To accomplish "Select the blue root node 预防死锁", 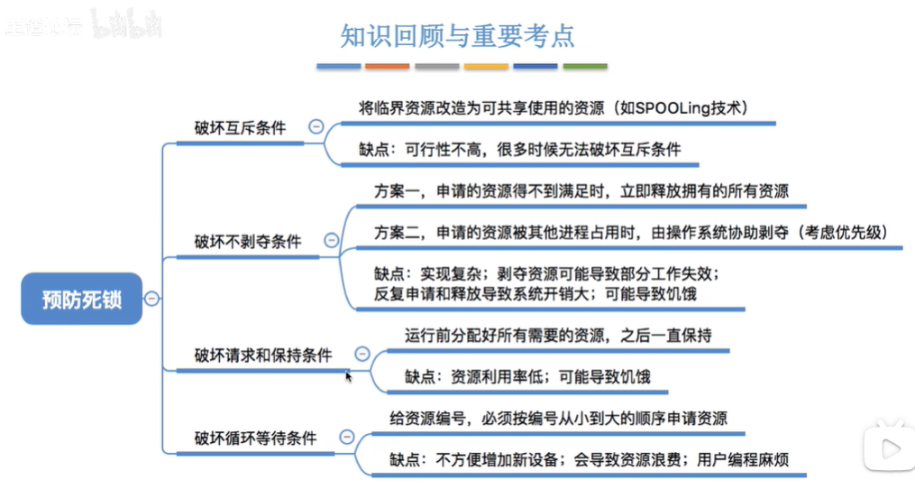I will coord(82,298).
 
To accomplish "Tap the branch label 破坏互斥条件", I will coord(240,127).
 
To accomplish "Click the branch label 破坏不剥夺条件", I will coord(248,241).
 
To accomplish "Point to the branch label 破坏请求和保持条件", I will coord(263,355).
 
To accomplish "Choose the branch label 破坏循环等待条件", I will coord(256,438).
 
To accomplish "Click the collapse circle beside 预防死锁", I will coord(152,299).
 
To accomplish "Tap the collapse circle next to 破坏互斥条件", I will coord(316,127).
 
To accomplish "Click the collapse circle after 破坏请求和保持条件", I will coord(362,355).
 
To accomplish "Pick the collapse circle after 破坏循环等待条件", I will coord(347,438).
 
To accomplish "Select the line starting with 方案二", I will coord(631,233).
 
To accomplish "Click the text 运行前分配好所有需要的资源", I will coord(506,336).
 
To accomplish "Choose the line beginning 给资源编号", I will coord(558,419).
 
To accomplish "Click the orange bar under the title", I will coord(388,66).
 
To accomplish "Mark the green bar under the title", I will coord(584,66).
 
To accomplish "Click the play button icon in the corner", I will coord(887,446).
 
